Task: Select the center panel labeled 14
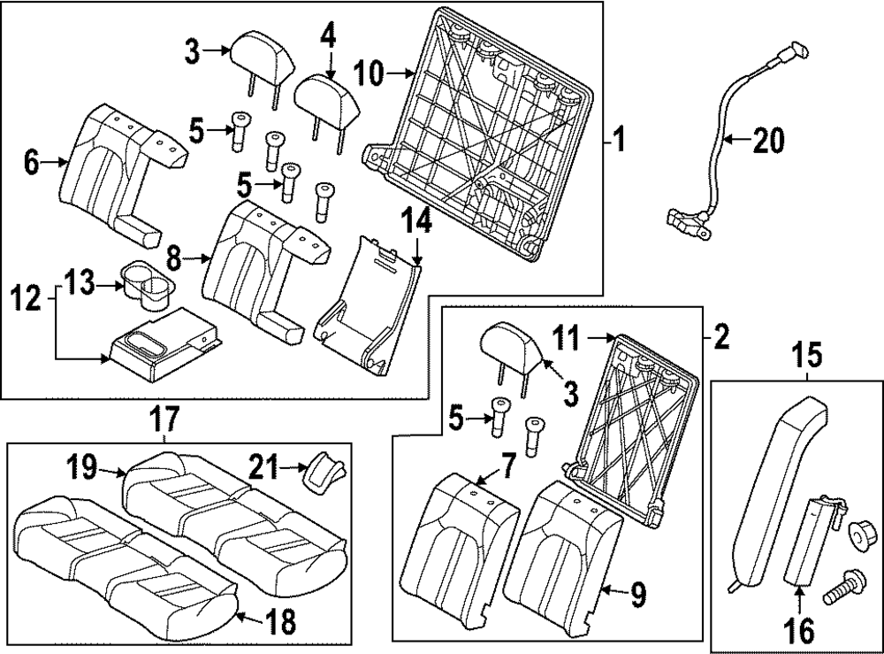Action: tap(367, 301)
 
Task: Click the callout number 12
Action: tap(27, 299)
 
